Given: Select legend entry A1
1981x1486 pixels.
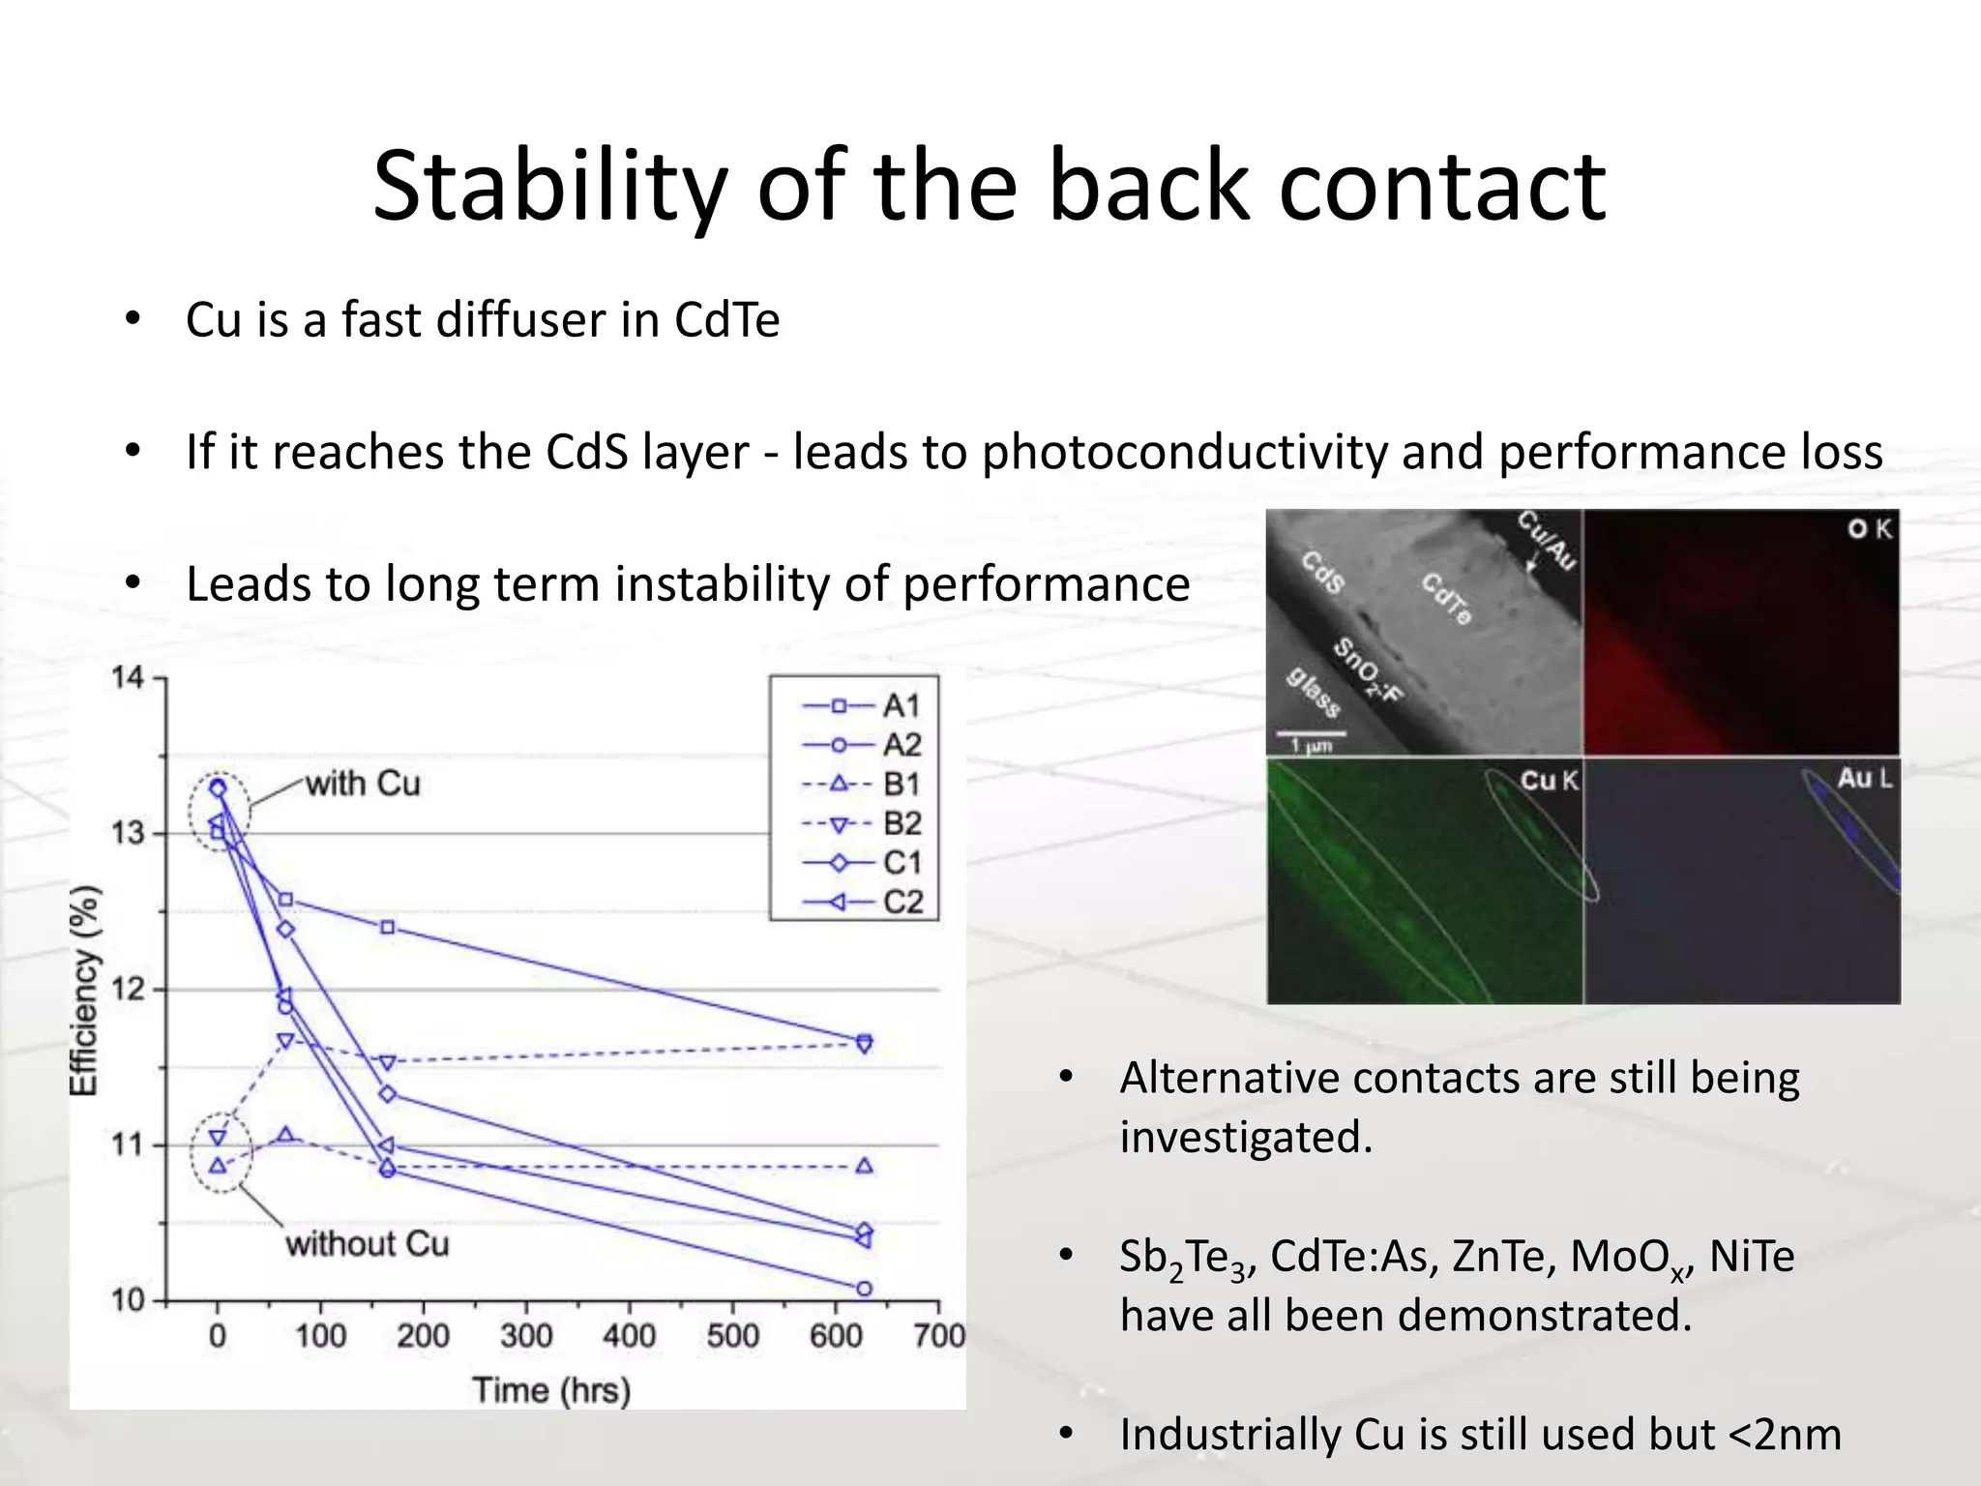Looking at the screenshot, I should pos(901,706).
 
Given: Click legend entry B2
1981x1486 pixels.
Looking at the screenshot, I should pos(901,824).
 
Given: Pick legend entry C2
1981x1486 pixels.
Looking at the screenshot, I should pos(901,903).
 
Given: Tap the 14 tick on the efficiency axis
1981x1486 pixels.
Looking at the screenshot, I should pos(127,677).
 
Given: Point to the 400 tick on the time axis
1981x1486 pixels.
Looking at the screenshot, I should pos(629,1336).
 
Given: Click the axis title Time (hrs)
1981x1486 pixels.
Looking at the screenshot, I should pos(551,1390).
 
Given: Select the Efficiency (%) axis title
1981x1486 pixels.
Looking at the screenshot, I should pos(85,990).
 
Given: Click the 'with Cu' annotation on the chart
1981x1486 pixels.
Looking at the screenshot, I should pos(363,784).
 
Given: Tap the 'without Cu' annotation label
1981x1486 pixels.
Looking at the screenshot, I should pos(367,1244).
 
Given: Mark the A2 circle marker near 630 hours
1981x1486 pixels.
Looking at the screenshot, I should pos(865,1289).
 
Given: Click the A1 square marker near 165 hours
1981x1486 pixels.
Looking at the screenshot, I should pos(387,928).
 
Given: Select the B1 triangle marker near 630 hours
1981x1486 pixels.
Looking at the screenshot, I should pos(865,1166).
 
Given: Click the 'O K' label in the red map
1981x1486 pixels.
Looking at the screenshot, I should pos(1869,529).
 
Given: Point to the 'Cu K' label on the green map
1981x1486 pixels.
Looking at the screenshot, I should pos(1548,781).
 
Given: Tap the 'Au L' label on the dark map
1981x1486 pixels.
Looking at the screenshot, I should pos(1864,779).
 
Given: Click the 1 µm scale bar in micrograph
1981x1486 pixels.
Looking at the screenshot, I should pos(1311,738).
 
